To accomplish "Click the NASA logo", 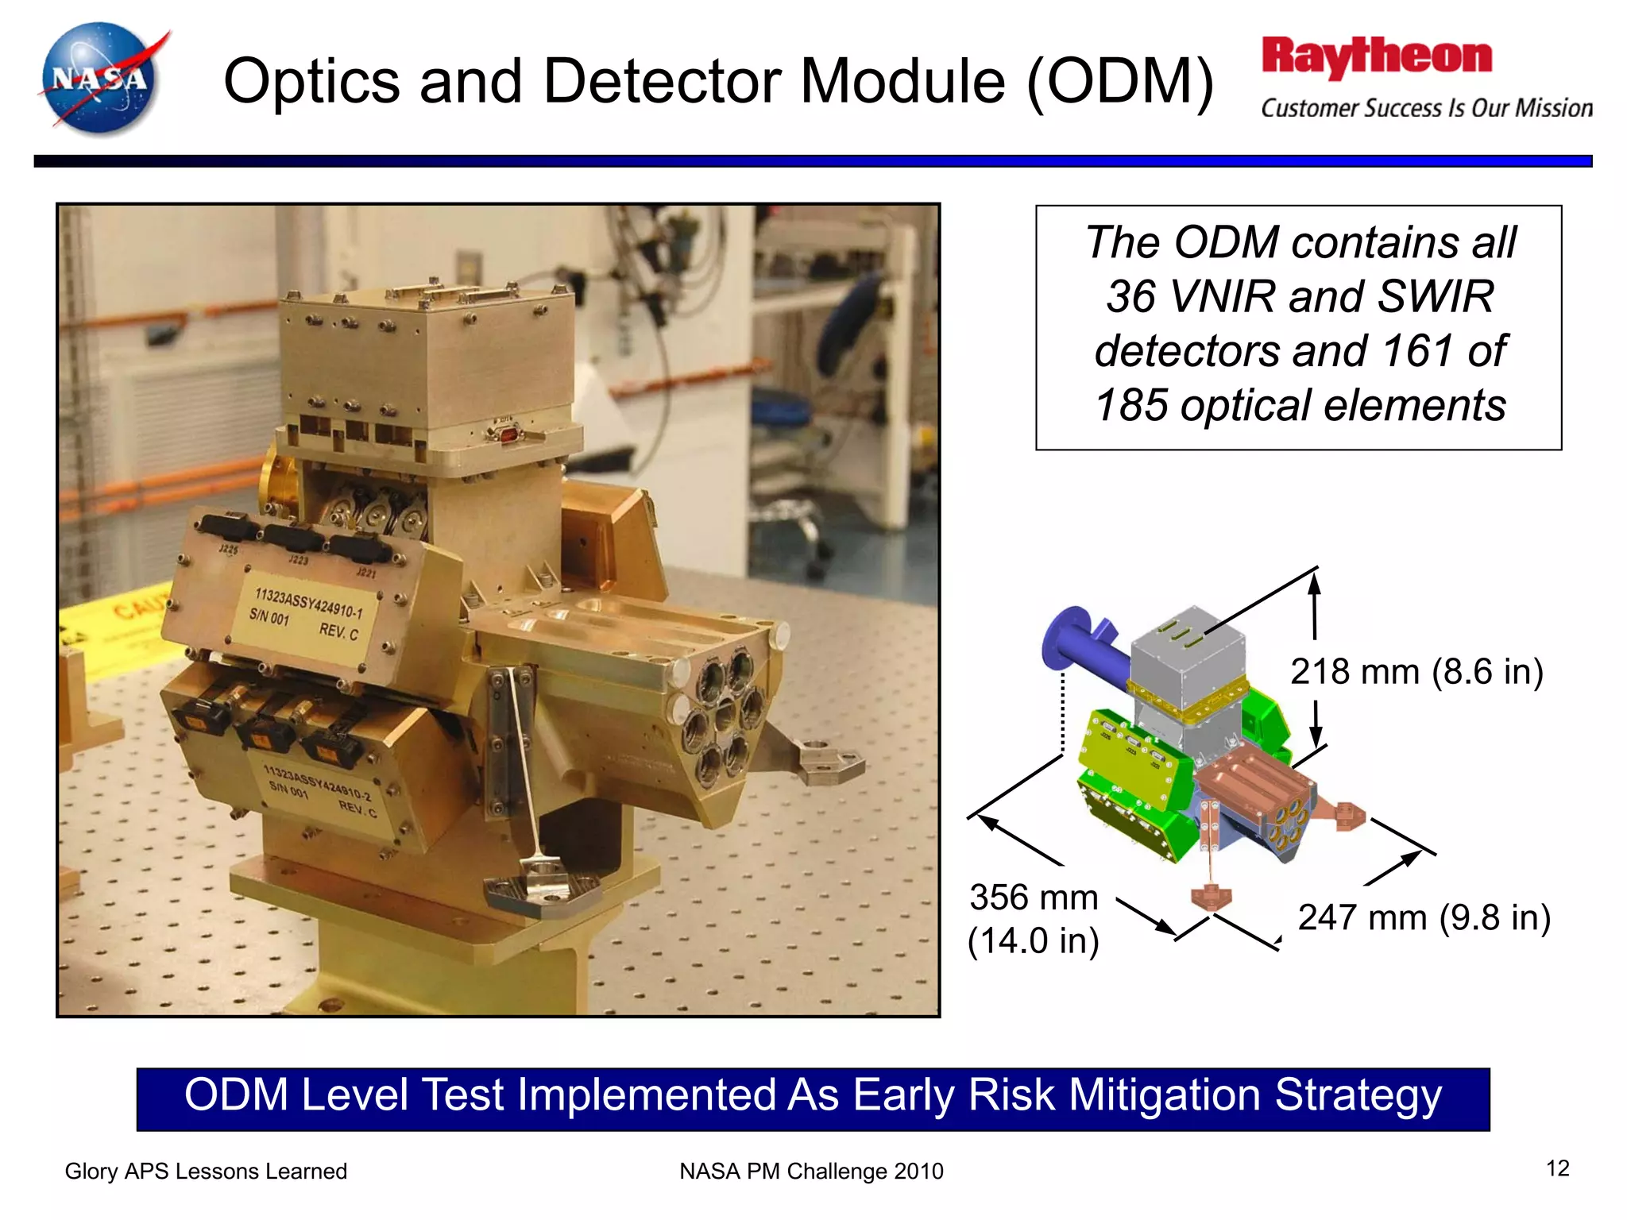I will click(x=101, y=78).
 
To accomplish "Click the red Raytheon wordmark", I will click(x=1376, y=57).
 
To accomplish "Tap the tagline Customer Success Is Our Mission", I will click(x=1426, y=108).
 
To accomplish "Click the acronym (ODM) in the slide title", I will click(x=1119, y=81).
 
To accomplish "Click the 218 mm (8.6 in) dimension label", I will click(x=1416, y=672).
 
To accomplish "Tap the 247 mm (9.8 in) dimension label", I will click(x=1424, y=918).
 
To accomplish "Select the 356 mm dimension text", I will click(x=1034, y=898).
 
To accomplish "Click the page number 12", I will click(x=1557, y=1168).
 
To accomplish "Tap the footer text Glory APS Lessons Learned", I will click(x=206, y=1172).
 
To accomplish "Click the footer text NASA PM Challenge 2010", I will click(x=811, y=1172).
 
